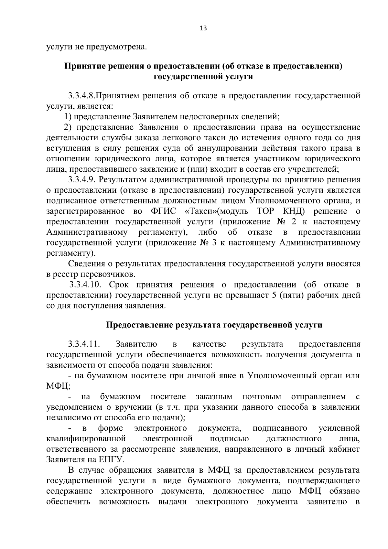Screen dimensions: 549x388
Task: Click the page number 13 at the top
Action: (203, 28)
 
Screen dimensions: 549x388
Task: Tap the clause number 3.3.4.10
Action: (86, 285)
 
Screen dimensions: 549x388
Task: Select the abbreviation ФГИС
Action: (163, 211)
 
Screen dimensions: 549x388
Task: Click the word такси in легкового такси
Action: (203, 138)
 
